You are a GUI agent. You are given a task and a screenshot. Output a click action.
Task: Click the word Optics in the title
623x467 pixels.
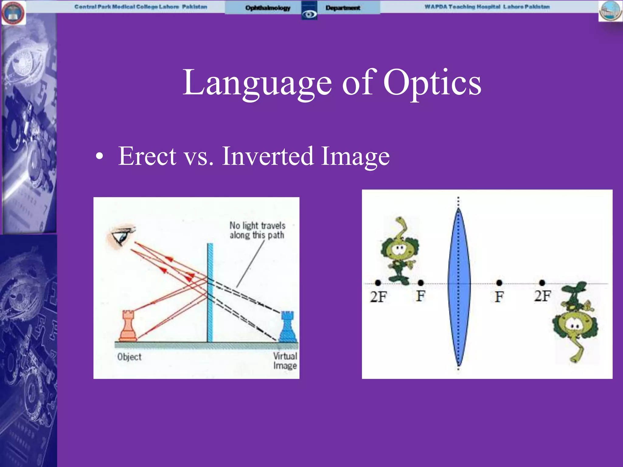pos(432,83)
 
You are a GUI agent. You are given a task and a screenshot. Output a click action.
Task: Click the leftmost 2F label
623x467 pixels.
pos(378,297)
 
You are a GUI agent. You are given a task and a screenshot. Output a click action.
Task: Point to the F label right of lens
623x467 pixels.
pos(499,297)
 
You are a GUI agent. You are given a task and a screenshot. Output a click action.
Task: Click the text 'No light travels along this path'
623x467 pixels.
pos(257,230)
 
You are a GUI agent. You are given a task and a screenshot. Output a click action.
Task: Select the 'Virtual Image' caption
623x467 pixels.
pos(285,361)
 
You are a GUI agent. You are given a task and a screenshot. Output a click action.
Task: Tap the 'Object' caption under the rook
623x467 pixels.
pos(129,357)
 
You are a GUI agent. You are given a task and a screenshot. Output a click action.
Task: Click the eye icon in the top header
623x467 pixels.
pos(309,14)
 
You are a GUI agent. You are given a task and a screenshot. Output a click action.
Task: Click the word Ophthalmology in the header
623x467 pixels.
pos(268,8)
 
